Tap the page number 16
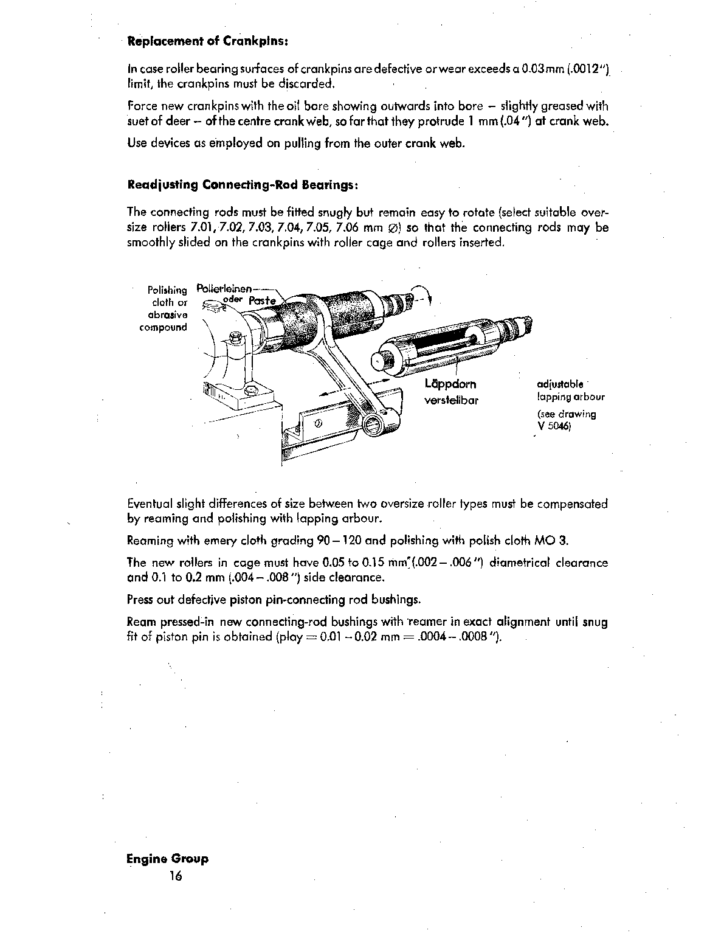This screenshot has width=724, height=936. pos(176,876)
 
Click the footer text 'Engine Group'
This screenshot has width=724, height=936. pos(167,859)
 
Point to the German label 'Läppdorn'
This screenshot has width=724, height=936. pos(451,384)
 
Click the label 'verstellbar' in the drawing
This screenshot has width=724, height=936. pos(451,401)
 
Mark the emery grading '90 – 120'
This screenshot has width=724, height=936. pos(345,540)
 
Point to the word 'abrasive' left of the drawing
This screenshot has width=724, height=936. pos(168,314)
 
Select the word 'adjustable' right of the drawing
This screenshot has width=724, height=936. pos(560,384)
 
